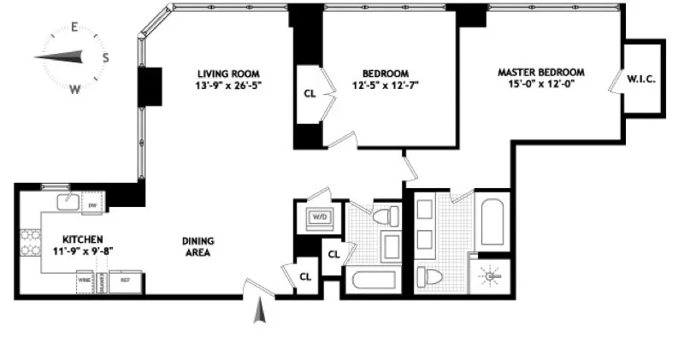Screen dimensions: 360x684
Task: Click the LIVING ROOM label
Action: [227, 74]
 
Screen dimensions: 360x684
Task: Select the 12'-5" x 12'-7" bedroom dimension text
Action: [384, 86]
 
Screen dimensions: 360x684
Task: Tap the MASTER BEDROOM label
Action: [541, 73]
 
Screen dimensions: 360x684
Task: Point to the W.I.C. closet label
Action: [640, 80]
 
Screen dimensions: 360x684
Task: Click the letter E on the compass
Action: [74, 27]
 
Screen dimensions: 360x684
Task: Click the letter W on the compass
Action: [74, 88]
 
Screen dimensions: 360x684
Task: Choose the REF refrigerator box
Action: [125, 280]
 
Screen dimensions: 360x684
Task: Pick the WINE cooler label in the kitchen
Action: [85, 280]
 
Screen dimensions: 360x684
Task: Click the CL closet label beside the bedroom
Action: [309, 94]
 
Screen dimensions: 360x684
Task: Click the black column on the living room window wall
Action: [150, 86]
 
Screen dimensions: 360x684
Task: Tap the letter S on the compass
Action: [105, 58]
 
